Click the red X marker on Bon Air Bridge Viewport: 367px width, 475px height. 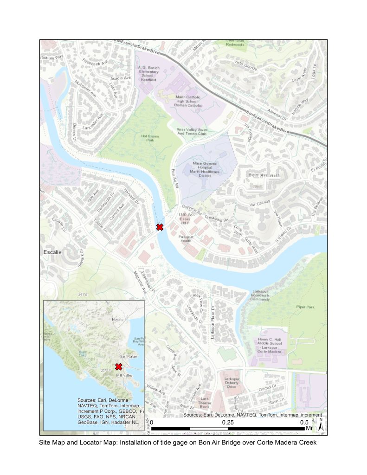pyautogui.click(x=160, y=227)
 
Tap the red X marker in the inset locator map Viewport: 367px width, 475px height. pyautogui.click(x=118, y=366)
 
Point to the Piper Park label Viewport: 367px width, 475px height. pyautogui.click(x=305, y=307)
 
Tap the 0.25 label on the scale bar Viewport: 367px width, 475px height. pyautogui.click(x=227, y=423)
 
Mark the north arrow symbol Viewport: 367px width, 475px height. pyautogui.click(x=321, y=422)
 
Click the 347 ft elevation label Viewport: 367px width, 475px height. pyautogui.click(x=83, y=295)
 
